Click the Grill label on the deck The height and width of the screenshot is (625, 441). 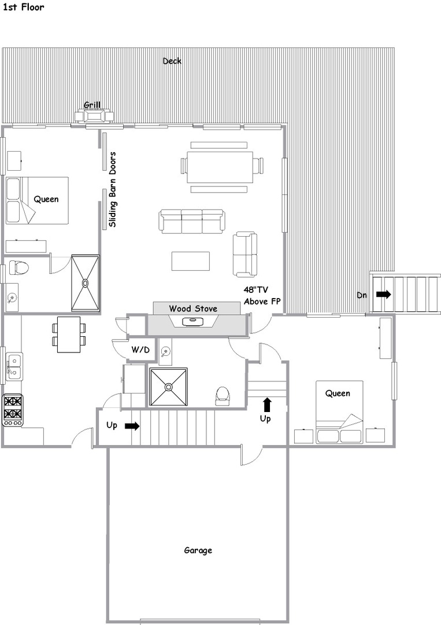(x=92, y=105)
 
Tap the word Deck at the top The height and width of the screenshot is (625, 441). (x=172, y=61)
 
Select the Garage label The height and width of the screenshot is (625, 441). (x=198, y=550)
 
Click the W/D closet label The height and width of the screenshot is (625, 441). (x=140, y=350)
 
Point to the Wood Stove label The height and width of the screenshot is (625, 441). (x=193, y=308)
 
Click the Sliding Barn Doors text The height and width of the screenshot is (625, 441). (x=113, y=189)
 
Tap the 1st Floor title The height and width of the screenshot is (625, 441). (x=24, y=7)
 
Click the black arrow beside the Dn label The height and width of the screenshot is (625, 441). (x=384, y=295)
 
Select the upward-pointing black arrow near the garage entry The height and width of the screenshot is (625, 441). (x=266, y=404)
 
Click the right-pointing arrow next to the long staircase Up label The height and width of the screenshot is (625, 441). (x=132, y=426)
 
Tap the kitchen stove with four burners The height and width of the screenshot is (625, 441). (x=12, y=410)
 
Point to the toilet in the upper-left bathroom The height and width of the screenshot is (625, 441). (x=18, y=267)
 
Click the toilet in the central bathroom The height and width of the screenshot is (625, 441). (x=223, y=395)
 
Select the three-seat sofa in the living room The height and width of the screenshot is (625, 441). (x=192, y=221)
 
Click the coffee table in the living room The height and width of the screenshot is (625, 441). (x=191, y=260)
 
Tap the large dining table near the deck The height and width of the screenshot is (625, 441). (x=221, y=166)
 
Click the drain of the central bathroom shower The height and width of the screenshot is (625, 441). (x=169, y=387)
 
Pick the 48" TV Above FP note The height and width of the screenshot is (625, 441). (x=262, y=295)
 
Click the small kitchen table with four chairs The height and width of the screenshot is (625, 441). (x=69, y=334)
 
